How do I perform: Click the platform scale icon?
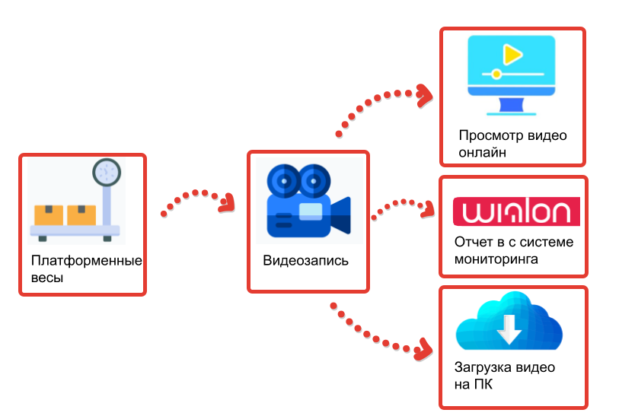(x=77, y=202)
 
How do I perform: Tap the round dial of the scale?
(x=107, y=171)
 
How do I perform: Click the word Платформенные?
(x=87, y=262)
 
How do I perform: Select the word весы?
(x=47, y=278)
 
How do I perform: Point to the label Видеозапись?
(x=306, y=261)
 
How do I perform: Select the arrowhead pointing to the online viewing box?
(x=423, y=94)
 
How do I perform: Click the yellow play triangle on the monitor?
(x=512, y=54)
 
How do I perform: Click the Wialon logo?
(x=516, y=211)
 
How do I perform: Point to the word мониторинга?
(x=496, y=259)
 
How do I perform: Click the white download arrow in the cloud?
(x=509, y=328)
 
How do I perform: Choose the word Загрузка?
(x=483, y=368)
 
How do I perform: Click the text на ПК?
(x=473, y=384)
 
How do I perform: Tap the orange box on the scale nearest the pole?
(x=81, y=215)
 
